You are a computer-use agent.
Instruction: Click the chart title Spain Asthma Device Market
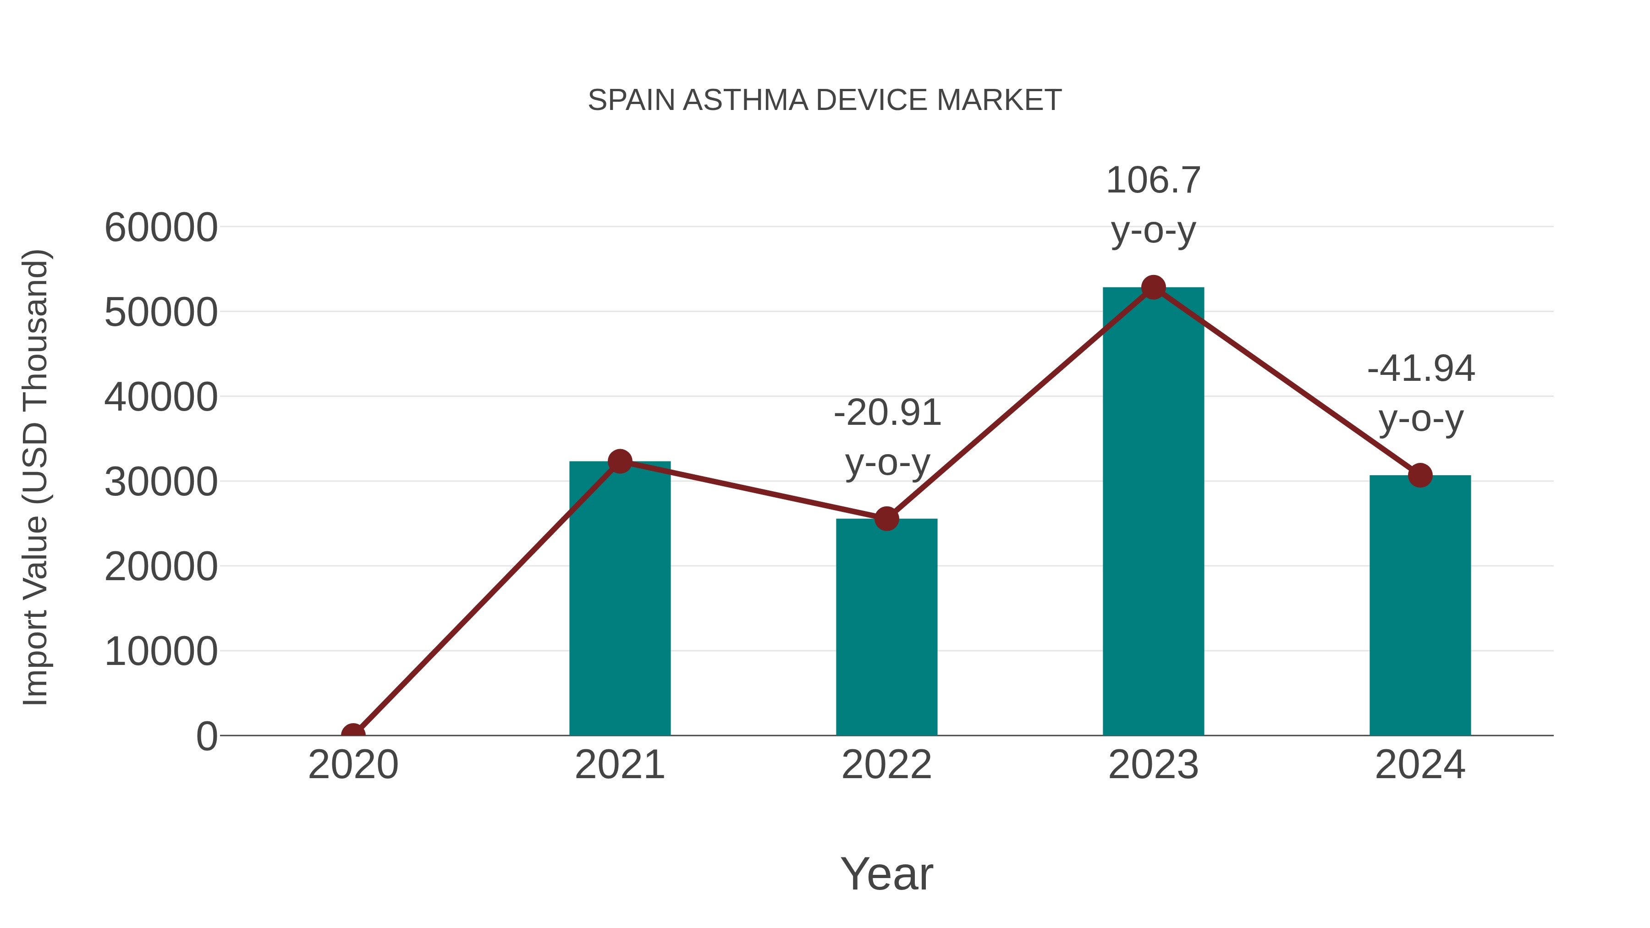click(825, 100)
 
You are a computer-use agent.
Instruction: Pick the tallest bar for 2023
click(1153, 512)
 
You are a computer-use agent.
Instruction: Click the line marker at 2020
click(353, 734)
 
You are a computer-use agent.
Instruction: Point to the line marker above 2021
click(619, 461)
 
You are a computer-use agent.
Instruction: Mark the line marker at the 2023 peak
click(1153, 287)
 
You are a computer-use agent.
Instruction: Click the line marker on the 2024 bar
click(1420, 475)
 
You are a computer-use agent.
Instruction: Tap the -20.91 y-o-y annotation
click(887, 438)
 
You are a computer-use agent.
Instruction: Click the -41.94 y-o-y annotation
click(1421, 393)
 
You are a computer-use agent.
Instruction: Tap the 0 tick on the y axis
click(207, 736)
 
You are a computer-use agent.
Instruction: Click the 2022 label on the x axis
click(886, 765)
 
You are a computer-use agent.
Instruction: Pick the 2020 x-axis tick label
click(353, 765)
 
